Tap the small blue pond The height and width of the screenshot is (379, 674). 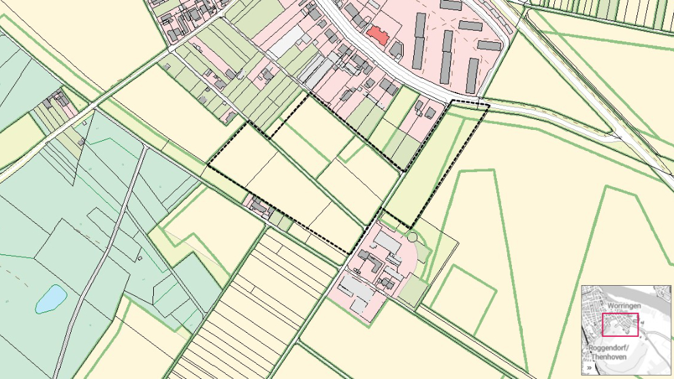(x=51, y=298)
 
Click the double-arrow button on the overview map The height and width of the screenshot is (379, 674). (x=590, y=367)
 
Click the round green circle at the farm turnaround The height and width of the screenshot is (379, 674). (x=411, y=237)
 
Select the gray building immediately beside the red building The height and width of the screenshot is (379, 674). (x=396, y=49)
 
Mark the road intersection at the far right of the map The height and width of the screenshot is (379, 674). (x=621, y=136)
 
